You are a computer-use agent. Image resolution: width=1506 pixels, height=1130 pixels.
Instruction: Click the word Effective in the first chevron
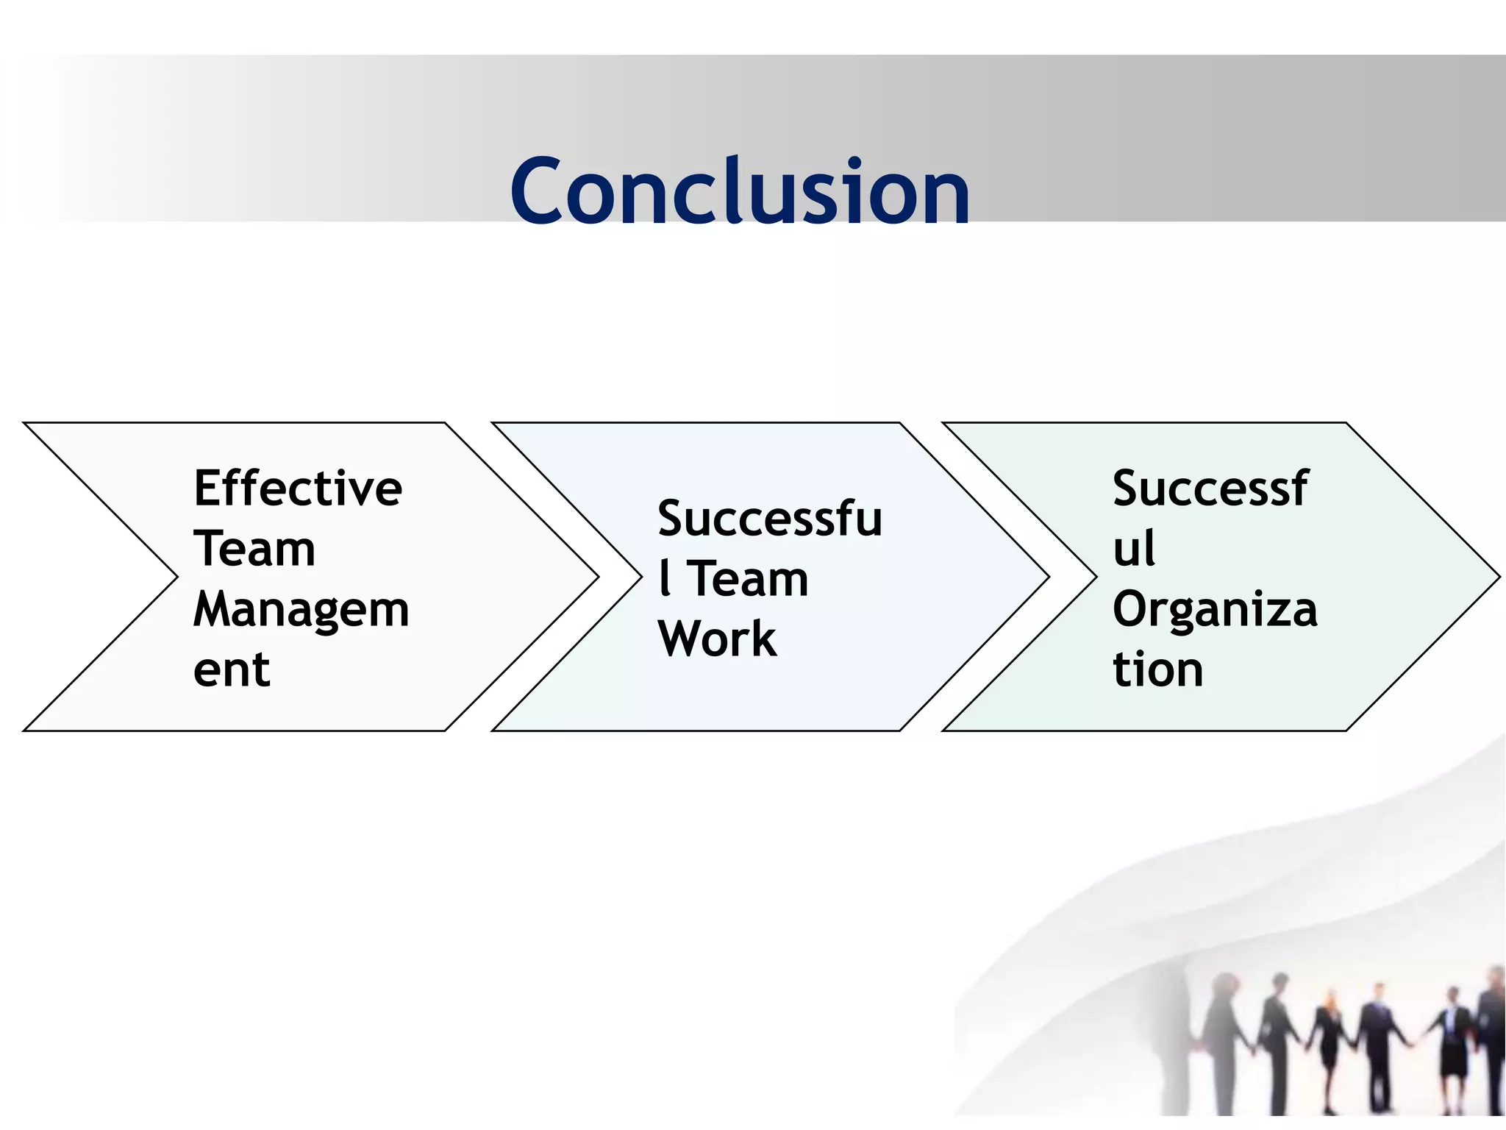(x=298, y=488)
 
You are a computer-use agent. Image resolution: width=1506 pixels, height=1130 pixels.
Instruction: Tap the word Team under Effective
(x=254, y=549)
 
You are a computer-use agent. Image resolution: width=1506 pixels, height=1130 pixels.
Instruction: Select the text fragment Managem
(x=301, y=611)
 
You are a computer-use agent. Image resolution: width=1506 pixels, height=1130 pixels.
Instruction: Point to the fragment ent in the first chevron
(x=232, y=670)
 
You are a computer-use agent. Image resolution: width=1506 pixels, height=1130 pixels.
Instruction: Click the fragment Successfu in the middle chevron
(x=769, y=519)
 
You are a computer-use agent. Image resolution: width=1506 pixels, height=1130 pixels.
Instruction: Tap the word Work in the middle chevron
(x=717, y=639)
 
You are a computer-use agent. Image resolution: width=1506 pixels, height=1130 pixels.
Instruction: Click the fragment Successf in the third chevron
(x=1210, y=488)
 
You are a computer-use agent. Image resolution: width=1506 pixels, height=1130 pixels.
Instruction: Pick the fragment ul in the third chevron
(x=1134, y=549)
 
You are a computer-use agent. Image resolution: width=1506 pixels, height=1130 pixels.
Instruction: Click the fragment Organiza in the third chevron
(x=1215, y=611)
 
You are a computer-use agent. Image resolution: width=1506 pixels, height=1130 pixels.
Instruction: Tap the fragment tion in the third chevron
(x=1157, y=670)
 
